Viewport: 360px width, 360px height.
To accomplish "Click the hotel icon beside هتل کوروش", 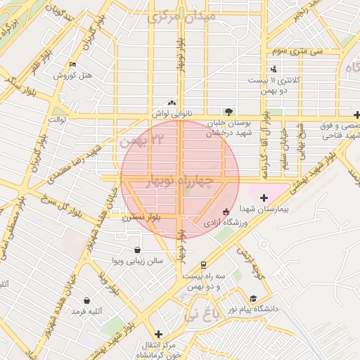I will [72, 65].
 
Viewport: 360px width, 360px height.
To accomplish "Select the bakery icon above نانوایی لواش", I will [172, 102].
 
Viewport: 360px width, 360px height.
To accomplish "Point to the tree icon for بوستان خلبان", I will [229, 111].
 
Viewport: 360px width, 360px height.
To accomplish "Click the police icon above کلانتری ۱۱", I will [274, 69].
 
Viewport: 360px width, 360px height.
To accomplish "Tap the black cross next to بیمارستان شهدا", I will [264, 198].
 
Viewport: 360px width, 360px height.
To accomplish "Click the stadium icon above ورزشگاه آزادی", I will [225, 212].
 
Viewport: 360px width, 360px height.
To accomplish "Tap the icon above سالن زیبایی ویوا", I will [137, 250].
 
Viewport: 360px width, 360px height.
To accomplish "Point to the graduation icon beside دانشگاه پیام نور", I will [253, 298].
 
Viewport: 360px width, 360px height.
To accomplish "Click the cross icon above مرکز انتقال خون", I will [159, 334].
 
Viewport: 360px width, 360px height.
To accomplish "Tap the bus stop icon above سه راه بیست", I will [203, 265].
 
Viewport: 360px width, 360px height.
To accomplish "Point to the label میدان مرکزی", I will [176, 15].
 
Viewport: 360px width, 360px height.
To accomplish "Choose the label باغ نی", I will [201, 316].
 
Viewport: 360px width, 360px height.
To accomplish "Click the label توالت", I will [56, 120].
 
